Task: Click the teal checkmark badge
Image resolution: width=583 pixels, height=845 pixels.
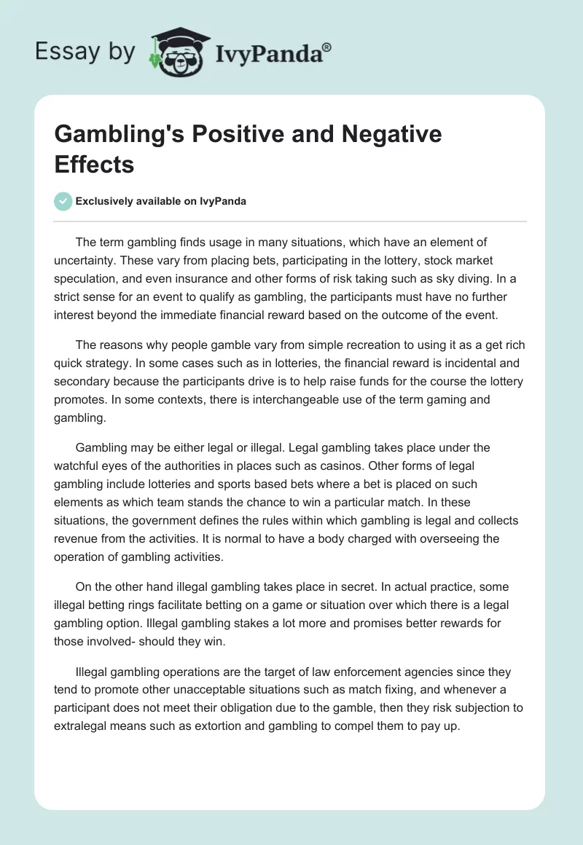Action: pos(63,201)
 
